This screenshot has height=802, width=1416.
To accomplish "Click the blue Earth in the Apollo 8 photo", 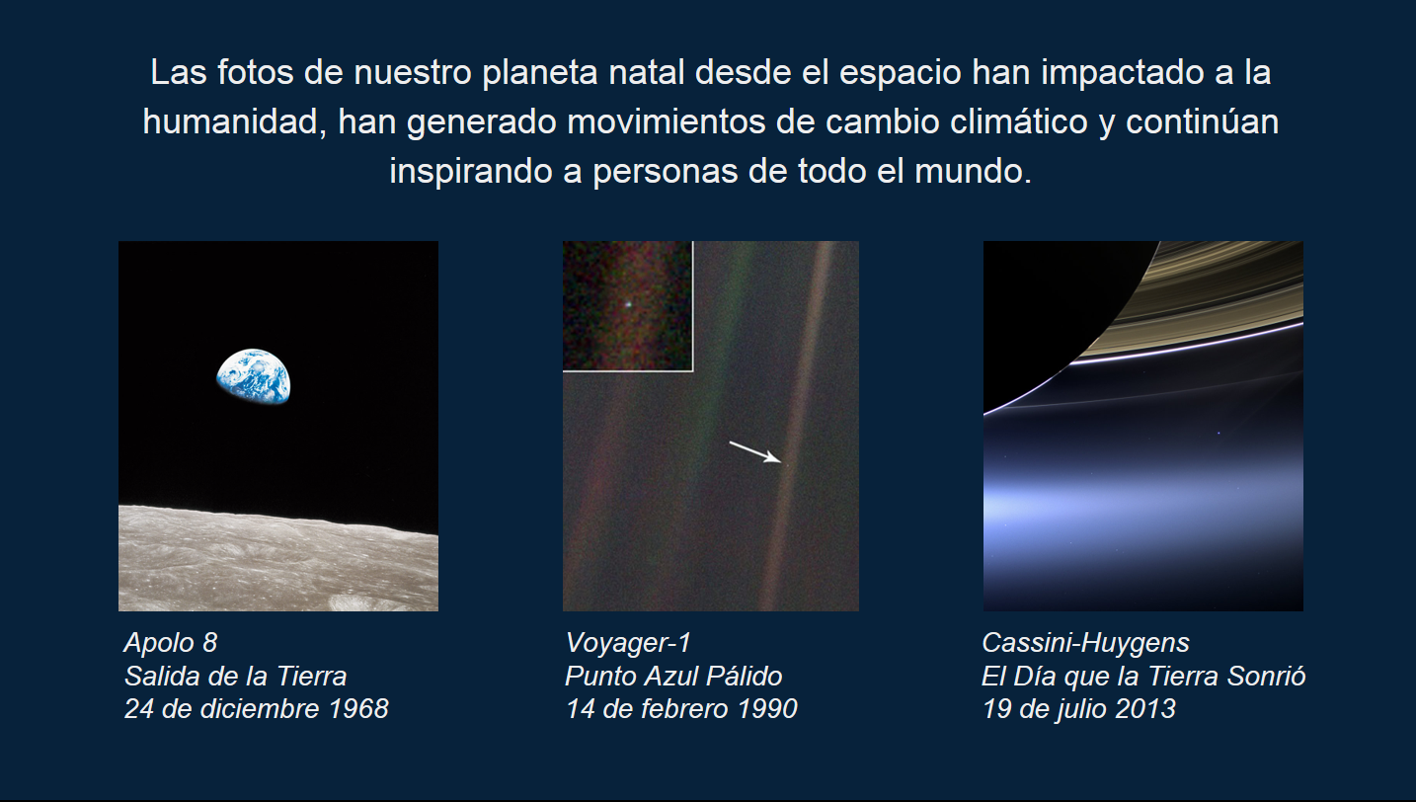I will coord(254,376).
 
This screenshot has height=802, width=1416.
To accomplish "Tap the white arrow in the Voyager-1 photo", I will coord(754,451).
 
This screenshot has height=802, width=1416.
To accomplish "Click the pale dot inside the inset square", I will coord(626,305).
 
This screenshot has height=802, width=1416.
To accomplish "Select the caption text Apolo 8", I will coord(170,643).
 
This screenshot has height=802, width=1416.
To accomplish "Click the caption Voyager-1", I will coord(628,643).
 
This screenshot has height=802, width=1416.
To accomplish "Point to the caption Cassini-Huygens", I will coord(1085,643).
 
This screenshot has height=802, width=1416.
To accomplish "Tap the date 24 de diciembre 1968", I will coord(256,709).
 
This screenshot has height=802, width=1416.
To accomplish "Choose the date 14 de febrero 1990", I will coord(681,709).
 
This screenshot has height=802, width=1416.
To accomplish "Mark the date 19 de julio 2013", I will coord(1078,709).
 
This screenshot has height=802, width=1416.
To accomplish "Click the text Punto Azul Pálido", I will coord(673,677).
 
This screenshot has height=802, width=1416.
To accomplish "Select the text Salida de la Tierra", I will coord(235,677).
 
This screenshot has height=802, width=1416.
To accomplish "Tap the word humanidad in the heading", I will coord(232,122).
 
